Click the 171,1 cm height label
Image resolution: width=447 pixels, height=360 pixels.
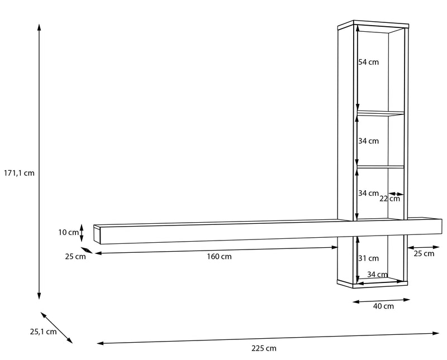click(x=19, y=173)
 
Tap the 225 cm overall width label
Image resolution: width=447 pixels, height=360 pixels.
click(x=264, y=348)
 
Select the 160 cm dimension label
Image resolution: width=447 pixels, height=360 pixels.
click(x=219, y=257)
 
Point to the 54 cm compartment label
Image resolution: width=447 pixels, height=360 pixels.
click(x=369, y=62)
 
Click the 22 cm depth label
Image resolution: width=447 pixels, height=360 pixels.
click(x=389, y=199)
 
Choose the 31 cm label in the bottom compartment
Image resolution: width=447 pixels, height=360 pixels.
click(x=369, y=258)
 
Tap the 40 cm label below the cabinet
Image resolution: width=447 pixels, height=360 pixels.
click(x=383, y=306)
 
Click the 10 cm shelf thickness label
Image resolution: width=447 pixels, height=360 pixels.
click(x=68, y=232)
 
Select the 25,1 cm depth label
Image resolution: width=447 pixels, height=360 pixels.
click(x=44, y=332)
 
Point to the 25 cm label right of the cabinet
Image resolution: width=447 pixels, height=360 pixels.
click(x=424, y=253)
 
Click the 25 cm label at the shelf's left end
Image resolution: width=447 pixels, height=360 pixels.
click(x=75, y=256)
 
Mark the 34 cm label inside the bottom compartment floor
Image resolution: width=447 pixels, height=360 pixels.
click(x=377, y=275)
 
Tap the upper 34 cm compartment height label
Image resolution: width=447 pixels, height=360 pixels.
click(x=369, y=141)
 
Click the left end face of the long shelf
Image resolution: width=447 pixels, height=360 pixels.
click(x=97, y=234)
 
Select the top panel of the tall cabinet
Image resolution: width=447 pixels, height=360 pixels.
click(x=373, y=25)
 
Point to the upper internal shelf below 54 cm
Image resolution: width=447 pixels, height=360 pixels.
click(x=381, y=113)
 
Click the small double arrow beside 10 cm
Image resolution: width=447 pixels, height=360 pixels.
click(x=82, y=233)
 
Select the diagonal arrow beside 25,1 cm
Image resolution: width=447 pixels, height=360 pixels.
click(x=56, y=328)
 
